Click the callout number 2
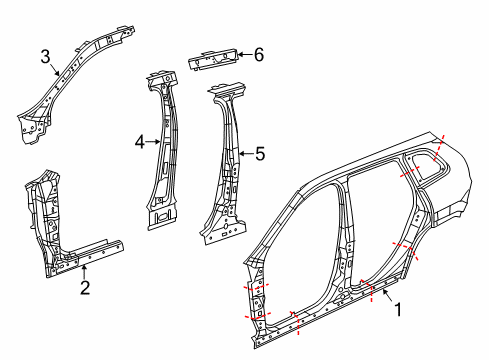(x=85, y=289)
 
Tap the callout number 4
(x=140, y=142)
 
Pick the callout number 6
(x=258, y=54)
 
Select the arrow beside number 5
(x=246, y=153)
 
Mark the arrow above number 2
(x=85, y=271)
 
